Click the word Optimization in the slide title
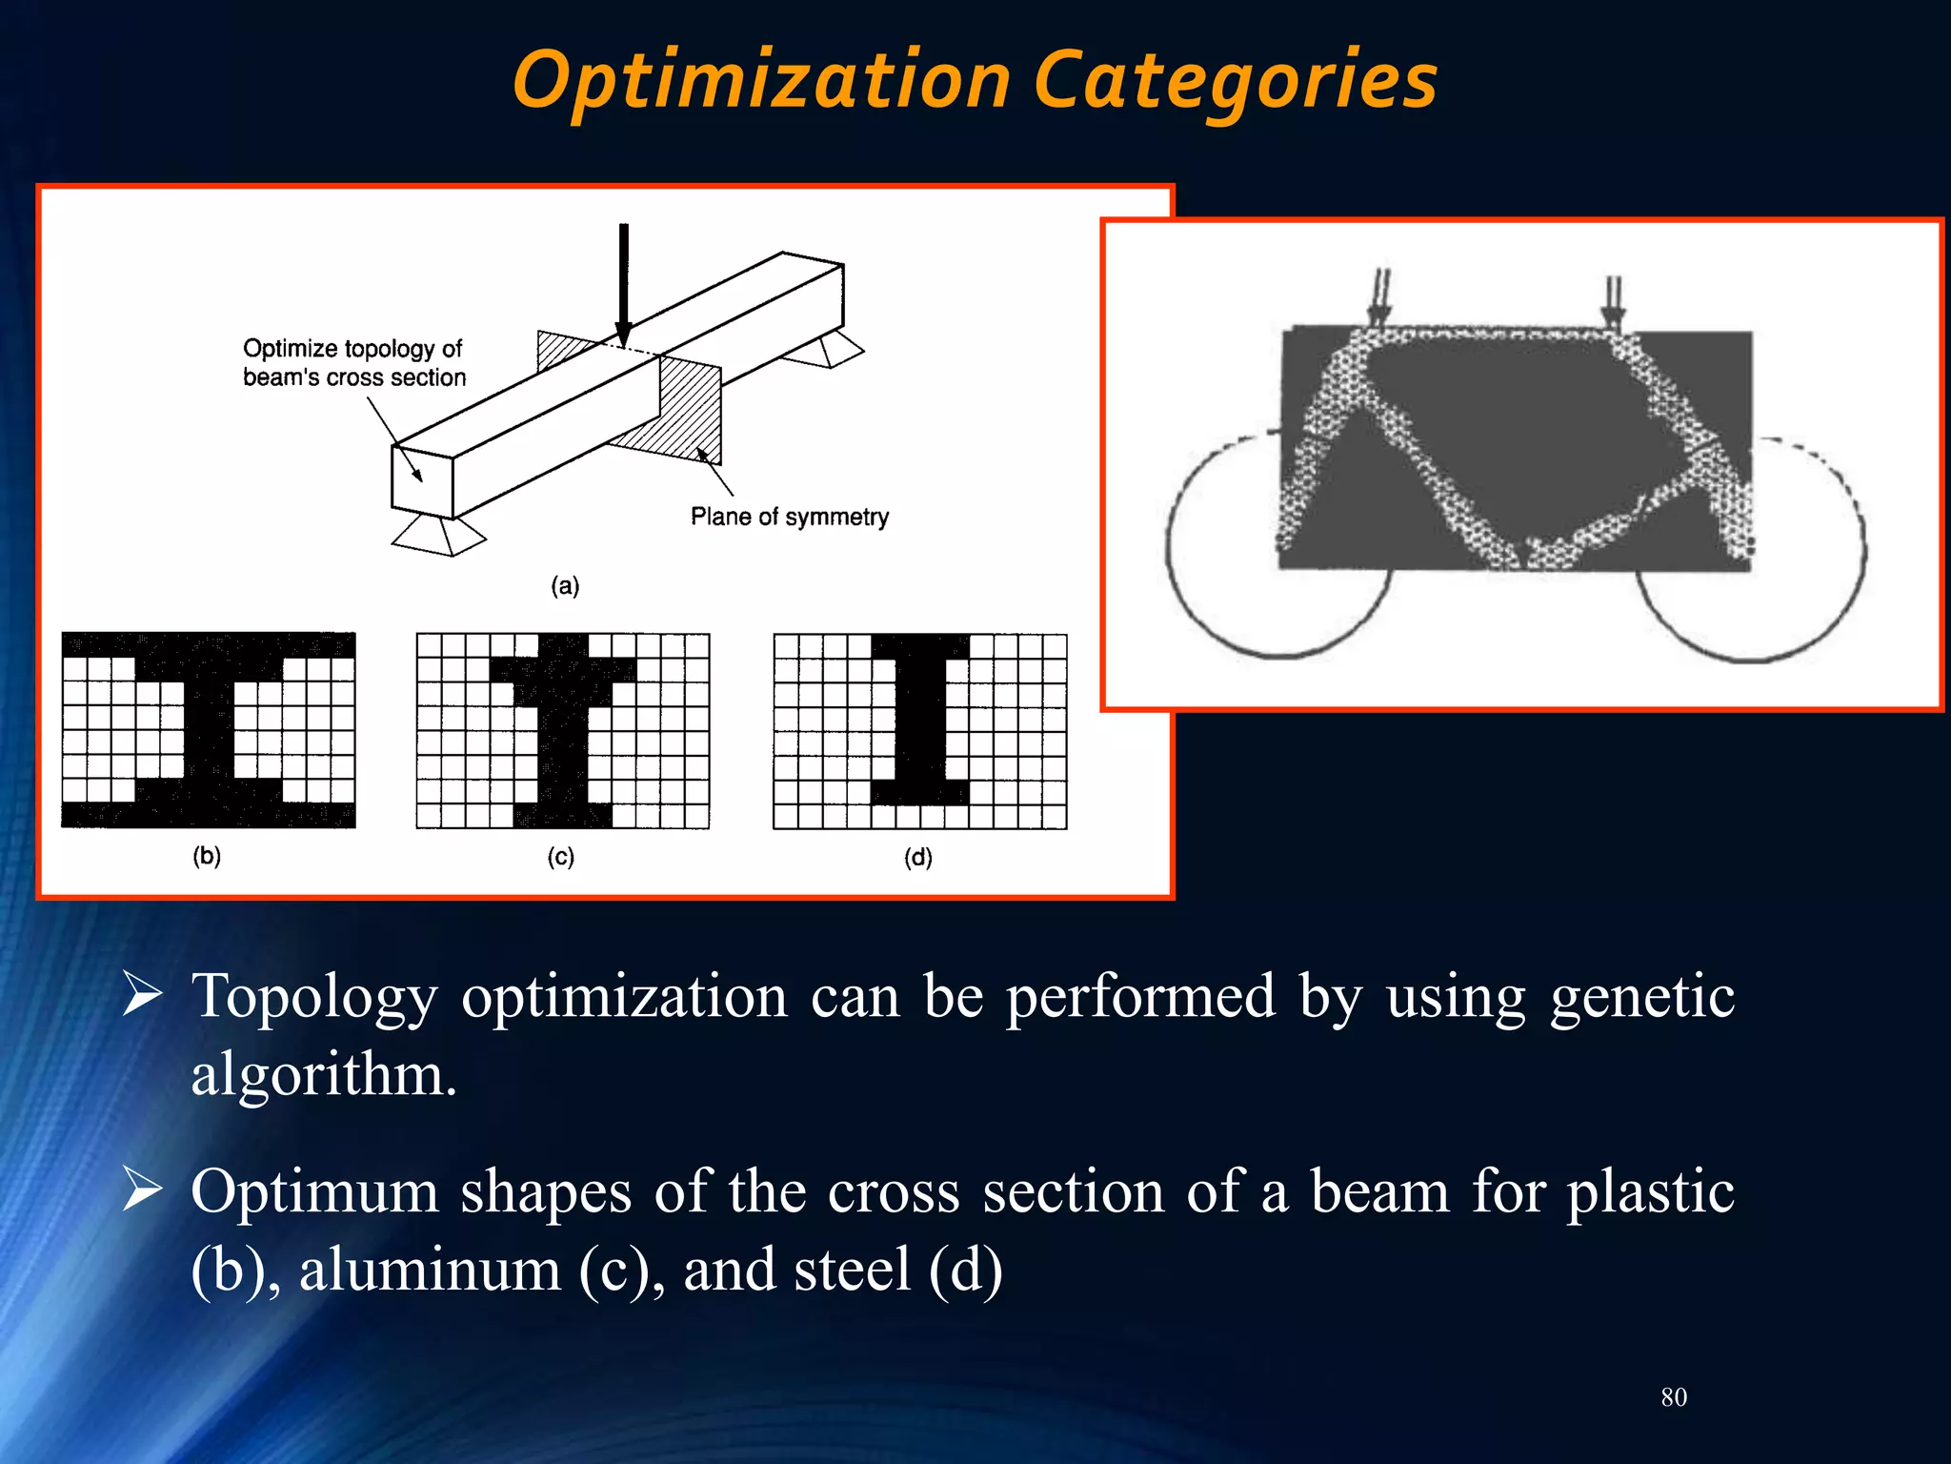pos(761,81)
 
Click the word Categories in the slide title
pos(1235,81)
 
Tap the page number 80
pos(1673,1397)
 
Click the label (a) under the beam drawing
pos(565,585)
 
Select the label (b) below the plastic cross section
pos(207,855)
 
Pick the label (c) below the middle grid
pos(561,856)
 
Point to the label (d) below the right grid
pos(918,856)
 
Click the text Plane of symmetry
pos(789,517)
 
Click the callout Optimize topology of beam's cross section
pos(353,362)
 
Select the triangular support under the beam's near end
pos(437,534)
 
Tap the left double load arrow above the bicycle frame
pos(1379,298)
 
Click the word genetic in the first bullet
pos(1641,997)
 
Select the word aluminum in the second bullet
pos(430,1270)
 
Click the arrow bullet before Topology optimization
pos(143,995)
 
